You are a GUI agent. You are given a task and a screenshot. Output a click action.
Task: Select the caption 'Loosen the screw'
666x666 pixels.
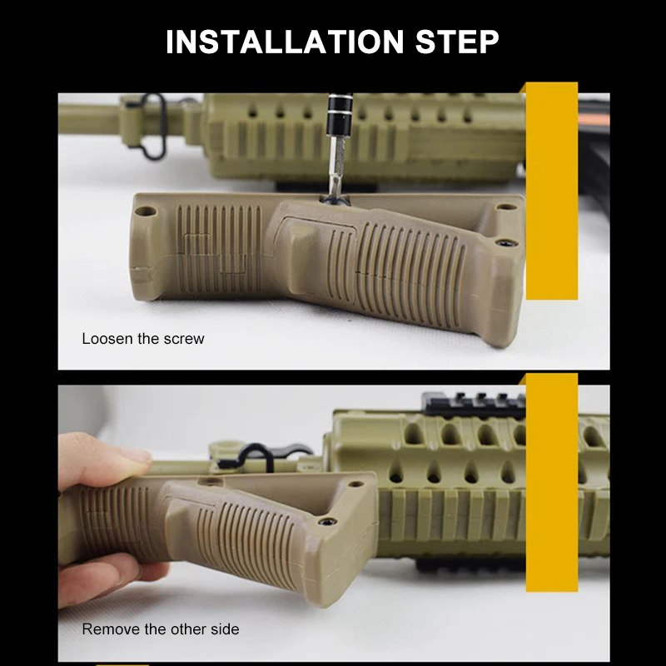point(142,339)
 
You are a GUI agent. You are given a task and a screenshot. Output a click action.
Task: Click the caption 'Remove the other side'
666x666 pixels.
point(160,629)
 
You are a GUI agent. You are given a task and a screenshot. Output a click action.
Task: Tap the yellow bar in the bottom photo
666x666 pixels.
point(551,483)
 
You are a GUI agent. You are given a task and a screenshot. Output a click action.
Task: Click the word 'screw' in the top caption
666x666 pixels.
point(184,339)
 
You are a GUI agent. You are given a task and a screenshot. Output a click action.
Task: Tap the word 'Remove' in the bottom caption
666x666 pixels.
point(109,629)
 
